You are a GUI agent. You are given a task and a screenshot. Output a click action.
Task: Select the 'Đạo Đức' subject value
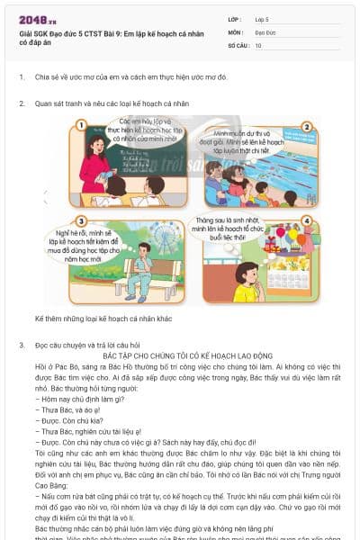tap(265, 31)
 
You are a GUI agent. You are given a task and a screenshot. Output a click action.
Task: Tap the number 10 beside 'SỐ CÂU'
tap(259, 44)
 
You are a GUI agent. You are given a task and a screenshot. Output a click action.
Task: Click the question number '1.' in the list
tap(22, 77)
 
